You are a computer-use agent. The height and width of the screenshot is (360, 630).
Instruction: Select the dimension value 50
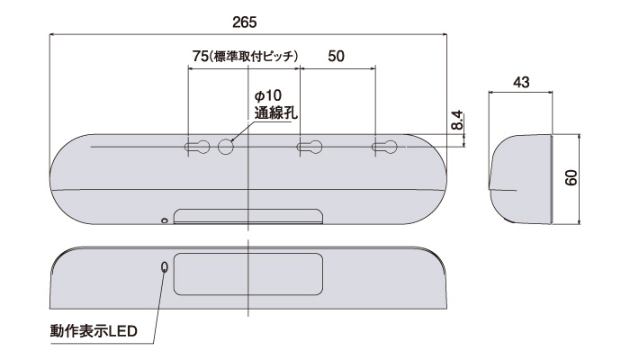point(336,56)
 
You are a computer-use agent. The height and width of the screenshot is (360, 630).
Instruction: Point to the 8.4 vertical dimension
point(457,119)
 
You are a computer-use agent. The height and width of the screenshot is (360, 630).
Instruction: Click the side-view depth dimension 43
point(519,82)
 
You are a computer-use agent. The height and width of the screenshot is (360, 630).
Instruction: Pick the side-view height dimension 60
point(571,178)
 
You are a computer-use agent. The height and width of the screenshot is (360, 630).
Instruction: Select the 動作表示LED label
point(93,332)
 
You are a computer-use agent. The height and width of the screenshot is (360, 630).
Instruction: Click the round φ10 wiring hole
point(225,147)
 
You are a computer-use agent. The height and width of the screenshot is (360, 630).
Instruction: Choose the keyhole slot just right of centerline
point(310,147)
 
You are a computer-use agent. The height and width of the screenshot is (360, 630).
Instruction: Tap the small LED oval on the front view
point(164,267)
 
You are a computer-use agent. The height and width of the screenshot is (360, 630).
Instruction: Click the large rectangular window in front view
point(247,274)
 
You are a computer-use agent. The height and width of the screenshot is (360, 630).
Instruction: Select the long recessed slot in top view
point(247,216)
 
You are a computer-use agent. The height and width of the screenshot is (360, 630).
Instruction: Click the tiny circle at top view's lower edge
point(164,220)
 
